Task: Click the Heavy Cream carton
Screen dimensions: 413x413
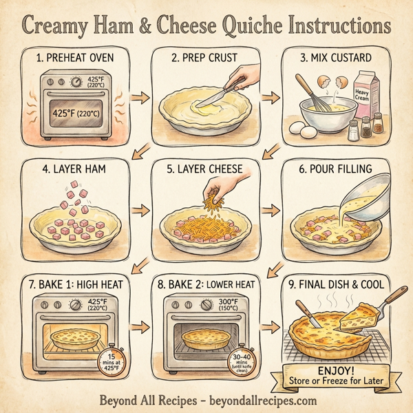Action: [x=363, y=96]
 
